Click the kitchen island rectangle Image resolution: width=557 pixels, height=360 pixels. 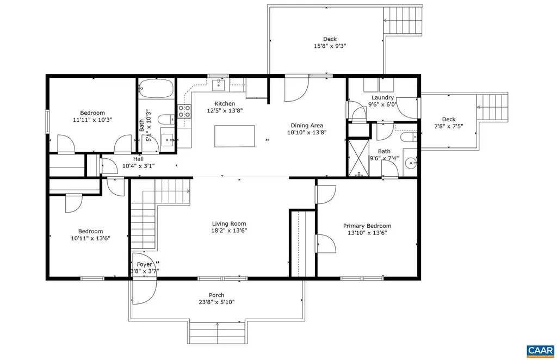pyautogui.click(x=234, y=136)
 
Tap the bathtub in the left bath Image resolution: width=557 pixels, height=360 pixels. pyautogui.click(x=156, y=88)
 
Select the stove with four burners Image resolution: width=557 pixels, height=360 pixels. pyautogui.click(x=184, y=111)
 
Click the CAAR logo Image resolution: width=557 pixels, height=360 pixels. pyautogui.click(x=540, y=351)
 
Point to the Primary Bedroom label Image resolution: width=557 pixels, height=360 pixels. pyautogui.click(x=367, y=226)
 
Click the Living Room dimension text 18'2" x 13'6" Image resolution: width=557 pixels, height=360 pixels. pyautogui.click(x=229, y=231)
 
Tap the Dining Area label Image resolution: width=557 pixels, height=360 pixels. pyautogui.click(x=307, y=125)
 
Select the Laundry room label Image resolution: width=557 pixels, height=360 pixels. pyautogui.click(x=382, y=98)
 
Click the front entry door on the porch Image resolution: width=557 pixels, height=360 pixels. pyautogui.click(x=144, y=292)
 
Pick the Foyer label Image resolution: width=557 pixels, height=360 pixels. pyautogui.click(x=144, y=264)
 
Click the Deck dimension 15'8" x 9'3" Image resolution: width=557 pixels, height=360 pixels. pyautogui.click(x=330, y=46)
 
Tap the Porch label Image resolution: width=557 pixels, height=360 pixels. pyautogui.click(x=216, y=295)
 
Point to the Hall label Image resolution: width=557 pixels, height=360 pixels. pyautogui.click(x=139, y=159)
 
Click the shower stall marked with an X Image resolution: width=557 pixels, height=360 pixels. pyautogui.click(x=359, y=158)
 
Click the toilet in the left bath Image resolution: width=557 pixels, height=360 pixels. pyautogui.click(x=166, y=119)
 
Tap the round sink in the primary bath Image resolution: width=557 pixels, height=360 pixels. pyautogui.click(x=411, y=164)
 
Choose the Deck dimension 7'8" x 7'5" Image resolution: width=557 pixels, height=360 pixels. pyautogui.click(x=449, y=126)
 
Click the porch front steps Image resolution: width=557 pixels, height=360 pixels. pyautogui.click(x=217, y=333)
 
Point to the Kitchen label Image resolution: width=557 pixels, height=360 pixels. pyautogui.click(x=225, y=104)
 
